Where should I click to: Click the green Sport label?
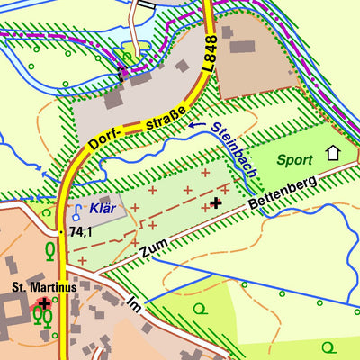click(x=294, y=160)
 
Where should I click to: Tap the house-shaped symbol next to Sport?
click(x=332, y=153)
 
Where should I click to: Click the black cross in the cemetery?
click(x=216, y=202)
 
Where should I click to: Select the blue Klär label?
click(x=103, y=208)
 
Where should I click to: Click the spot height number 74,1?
click(x=82, y=232)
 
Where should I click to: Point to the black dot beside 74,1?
click(x=62, y=231)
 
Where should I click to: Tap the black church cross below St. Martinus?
click(x=43, y=303)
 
